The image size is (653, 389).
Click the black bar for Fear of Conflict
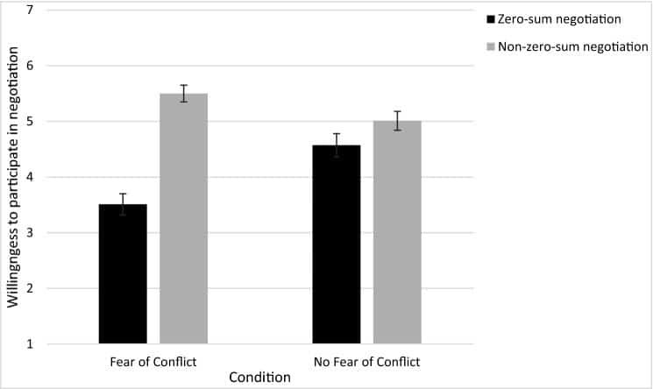coord(123,274)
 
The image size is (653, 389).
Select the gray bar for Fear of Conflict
coord(184,219)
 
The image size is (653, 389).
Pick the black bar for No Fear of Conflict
coord(337,244)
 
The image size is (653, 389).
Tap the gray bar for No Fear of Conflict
coord(397,232)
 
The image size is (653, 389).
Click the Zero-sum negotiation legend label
coord(559,19)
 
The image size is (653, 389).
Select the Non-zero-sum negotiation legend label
coord(573,46)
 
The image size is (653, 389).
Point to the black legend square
coord(491,19)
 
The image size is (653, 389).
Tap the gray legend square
coord(491,46)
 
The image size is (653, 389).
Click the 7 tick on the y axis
coord(30,10)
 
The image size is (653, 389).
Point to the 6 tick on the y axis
coord(30,66)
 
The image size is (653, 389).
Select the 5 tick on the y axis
coord(30,122)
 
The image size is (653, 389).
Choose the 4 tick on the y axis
coord(30,178)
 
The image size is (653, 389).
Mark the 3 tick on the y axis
coord(30,233)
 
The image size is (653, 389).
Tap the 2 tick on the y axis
coord(30,288)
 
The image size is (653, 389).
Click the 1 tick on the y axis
coord(30,344)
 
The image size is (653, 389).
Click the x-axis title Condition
coord(259,378)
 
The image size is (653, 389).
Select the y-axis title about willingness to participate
coord(13,178)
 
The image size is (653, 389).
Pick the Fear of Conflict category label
coord(153,362)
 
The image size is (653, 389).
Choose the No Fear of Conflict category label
coord(367,362)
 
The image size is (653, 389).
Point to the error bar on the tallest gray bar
coord(184,93)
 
